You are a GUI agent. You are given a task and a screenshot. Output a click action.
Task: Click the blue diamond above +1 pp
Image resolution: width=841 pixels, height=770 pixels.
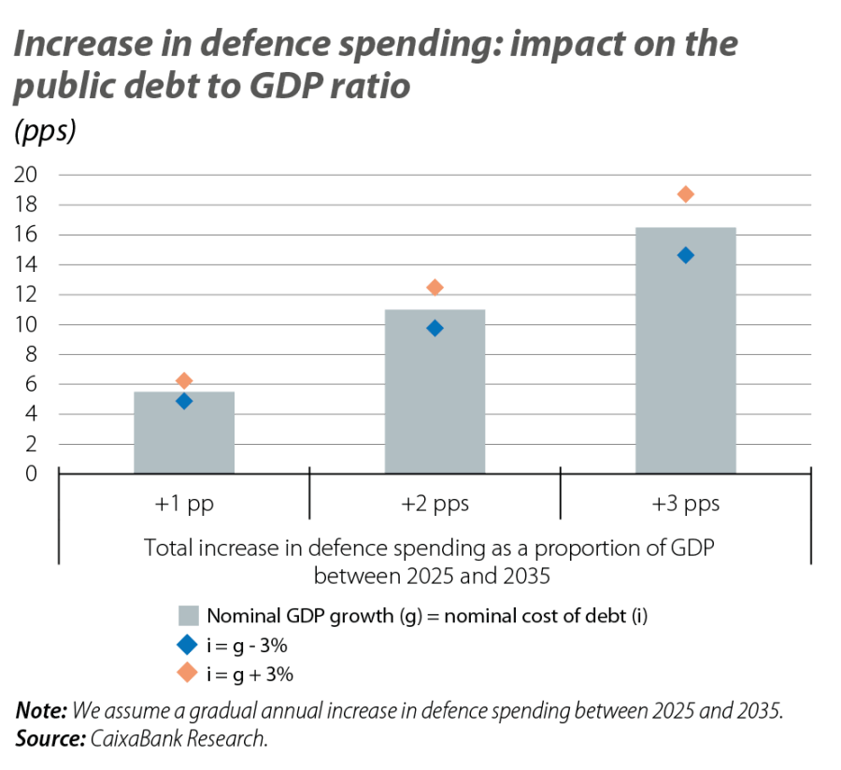point(184,401)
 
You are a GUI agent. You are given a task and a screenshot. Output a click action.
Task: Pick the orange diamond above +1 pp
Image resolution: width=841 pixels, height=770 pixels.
point(184,380)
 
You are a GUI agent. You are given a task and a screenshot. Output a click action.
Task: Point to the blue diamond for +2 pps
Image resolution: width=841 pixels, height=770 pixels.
point(435,328)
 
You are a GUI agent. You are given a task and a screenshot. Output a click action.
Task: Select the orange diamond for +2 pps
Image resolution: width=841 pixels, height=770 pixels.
point(435,288)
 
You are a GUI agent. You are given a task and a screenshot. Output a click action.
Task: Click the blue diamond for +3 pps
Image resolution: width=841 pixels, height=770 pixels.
point(686,255)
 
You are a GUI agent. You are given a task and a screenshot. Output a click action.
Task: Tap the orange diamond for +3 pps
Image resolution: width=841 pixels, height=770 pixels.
point(686,194)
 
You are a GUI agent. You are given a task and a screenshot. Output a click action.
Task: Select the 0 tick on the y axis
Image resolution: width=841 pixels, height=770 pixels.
point(31,474)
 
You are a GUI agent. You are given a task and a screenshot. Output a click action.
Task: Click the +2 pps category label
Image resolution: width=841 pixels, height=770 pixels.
point(435,505)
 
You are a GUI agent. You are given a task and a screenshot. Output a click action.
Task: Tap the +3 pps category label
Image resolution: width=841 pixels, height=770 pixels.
point(686,505)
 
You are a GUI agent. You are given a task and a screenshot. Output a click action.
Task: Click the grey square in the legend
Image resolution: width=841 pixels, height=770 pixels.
point(189,616)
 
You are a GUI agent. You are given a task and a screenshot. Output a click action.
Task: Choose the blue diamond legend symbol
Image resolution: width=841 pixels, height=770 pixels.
point(189,644)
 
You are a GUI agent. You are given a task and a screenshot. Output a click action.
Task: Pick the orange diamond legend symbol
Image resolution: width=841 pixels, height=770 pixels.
point(189,672)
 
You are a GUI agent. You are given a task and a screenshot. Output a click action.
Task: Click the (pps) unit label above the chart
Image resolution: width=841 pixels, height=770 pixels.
point(44,132)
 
